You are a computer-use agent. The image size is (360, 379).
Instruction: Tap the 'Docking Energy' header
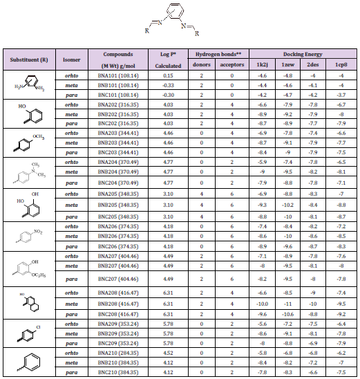tap(296, 53)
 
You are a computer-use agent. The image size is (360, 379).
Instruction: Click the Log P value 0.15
tap(168, 75)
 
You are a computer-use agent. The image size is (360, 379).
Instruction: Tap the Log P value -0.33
tap(168, 84)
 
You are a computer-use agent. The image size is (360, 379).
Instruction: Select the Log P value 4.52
tap(168, 352)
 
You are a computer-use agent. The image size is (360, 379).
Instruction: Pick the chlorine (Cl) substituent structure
tap(28, 332)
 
